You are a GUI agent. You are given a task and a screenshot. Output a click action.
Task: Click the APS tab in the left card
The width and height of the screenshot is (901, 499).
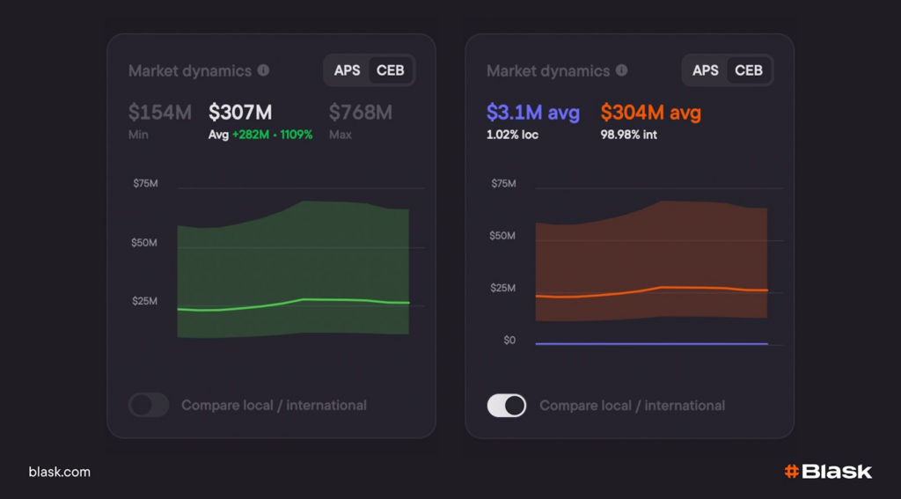348,70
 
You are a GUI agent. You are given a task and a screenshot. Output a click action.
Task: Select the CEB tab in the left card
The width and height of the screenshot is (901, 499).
391,70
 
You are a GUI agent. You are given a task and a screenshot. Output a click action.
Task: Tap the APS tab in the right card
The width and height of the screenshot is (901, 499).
706,70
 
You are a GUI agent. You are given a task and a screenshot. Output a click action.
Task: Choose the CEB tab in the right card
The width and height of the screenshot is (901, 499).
749,70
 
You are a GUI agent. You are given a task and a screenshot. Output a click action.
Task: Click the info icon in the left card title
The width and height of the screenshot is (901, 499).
263,70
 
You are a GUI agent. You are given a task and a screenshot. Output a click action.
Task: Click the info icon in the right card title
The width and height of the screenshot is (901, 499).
621,70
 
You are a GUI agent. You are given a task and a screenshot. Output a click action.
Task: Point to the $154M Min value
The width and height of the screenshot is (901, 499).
159,113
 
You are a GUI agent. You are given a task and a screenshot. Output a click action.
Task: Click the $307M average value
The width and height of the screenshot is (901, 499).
240,113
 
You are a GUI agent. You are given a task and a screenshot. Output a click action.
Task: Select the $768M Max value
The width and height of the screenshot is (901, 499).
360,113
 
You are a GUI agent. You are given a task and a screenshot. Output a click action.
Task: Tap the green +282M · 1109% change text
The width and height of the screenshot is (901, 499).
272,135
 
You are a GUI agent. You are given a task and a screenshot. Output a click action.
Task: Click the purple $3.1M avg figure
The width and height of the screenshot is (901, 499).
532,113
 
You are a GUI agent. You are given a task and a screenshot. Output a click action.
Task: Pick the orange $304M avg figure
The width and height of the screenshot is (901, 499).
650,113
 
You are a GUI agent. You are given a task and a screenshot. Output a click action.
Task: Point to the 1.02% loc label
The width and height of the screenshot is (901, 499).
512,135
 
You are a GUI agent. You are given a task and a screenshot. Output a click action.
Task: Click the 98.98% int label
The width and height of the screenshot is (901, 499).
628,135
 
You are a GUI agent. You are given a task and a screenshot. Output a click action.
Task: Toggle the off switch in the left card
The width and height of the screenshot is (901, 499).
149,405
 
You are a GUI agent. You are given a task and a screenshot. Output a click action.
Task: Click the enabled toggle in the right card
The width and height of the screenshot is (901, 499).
507,405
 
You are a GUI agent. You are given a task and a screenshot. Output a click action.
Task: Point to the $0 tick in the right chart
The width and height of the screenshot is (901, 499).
509,341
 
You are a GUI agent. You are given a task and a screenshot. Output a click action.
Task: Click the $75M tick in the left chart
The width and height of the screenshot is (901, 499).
145,183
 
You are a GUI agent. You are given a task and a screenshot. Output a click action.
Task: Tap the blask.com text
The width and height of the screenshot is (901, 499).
59,472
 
